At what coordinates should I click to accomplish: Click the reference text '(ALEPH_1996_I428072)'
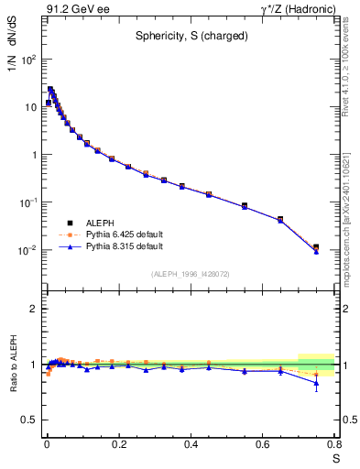tap(190, 274)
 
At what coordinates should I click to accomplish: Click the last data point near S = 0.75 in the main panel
tap(316, 247)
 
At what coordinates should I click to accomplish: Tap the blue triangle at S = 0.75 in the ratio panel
tap(316, 384)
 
